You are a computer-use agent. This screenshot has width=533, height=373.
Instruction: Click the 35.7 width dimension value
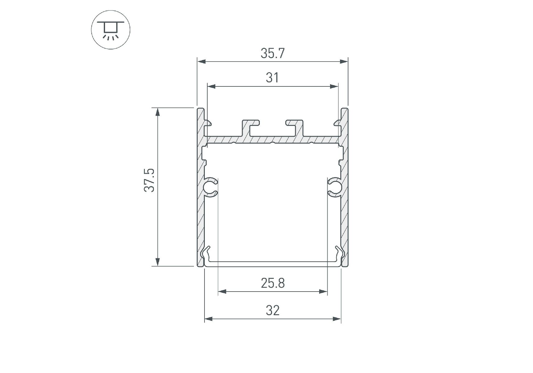pyautogui.click(x=273, y=53)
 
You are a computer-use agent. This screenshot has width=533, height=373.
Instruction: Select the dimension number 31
pyautogui.click(x=272, y=78)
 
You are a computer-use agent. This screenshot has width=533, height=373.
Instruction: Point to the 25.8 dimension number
pyautogui.click(x=273, y=283)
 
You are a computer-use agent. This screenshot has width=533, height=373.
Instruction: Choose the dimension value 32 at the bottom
pyautogui.click(x=273, y=310)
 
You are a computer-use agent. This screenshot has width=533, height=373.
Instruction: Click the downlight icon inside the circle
pyautogui.click(x=111, y=31)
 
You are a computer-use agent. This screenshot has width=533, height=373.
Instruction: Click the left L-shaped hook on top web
pyautogui.click(x=250, y=128)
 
